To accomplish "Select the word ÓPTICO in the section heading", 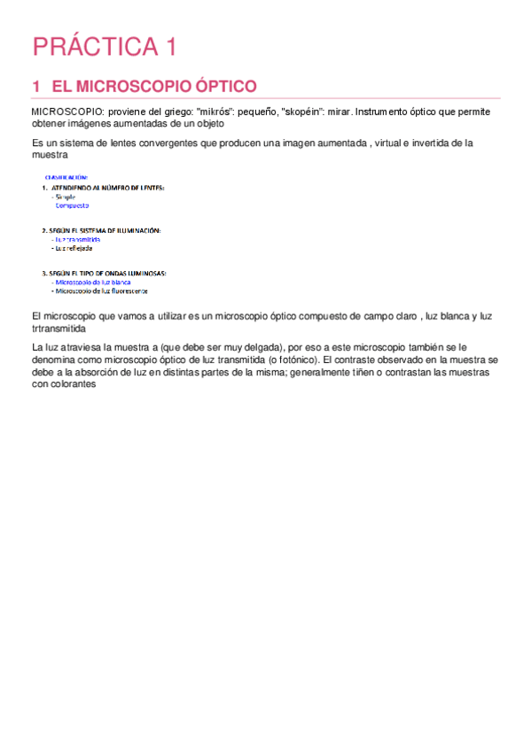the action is click(x=221, y=86).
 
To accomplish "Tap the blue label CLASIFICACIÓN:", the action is click(x=66, y=177).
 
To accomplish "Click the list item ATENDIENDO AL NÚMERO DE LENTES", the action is click(x=106, y=188).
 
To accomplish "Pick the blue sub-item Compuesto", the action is click(x=72, y=205).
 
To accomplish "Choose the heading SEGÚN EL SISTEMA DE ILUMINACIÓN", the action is click(x=105, y=230).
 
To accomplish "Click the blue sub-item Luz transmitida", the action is click(x=77, y=239).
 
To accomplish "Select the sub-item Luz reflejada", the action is click(x=74, y=248).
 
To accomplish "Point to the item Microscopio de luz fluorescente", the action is click(x=100, y=290).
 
